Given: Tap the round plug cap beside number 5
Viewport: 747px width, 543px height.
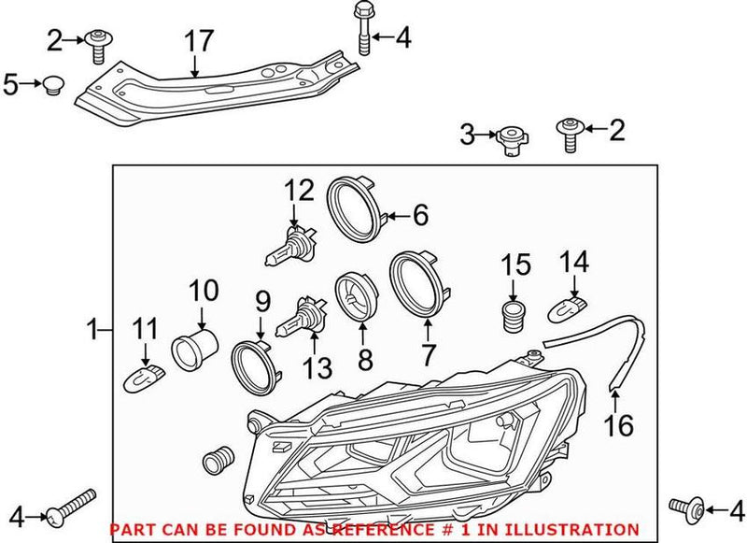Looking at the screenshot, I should pos(54,86).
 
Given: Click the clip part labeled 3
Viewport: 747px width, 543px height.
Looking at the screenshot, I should pos(510,139).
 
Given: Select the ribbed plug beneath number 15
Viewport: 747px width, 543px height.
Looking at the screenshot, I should pos(512,314).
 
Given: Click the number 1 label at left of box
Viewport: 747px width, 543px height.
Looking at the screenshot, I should pos(92,329).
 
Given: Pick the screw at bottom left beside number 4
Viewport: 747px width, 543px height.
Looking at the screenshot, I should pos(73,508).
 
